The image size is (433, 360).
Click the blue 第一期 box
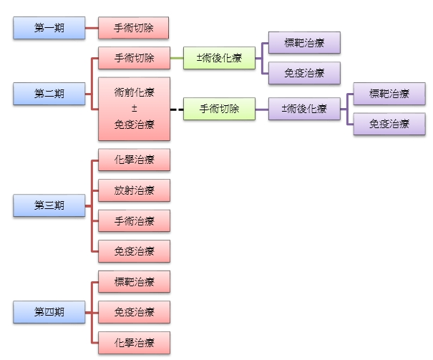click(x=49, y=28)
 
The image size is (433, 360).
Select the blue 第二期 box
click(x=49, y=94)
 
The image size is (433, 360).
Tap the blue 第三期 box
click(x=49, y=205)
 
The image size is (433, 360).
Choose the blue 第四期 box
click(x=49, y=311)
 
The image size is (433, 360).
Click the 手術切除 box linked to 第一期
click(x=134, y=28)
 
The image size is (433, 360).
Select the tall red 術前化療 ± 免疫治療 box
click(x=134, y=109)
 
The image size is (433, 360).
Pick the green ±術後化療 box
click(x=219, y=57)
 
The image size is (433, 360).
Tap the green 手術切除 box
click(x=219, y=109)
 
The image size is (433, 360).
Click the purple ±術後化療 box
click(x=304, y=109)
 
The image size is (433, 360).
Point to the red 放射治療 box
click(x=134, y=190)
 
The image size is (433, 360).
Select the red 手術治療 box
click(x=134, y=220)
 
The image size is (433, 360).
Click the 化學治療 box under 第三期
click(x=134, y=160)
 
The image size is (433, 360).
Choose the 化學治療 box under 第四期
click(x=134, y=341)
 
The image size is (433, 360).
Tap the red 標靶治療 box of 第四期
click(x=134, y=281)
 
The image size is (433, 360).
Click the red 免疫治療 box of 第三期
click(x=134, y=251)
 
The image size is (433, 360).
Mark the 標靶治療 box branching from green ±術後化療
click(x=304, y=43)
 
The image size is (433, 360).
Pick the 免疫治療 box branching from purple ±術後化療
click(x=389, y=124)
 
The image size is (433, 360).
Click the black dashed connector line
click(x=177, y=110)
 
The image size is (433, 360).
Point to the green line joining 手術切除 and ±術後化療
click(x=177, y=57)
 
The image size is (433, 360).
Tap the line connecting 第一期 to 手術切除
click(x=91, y=28)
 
